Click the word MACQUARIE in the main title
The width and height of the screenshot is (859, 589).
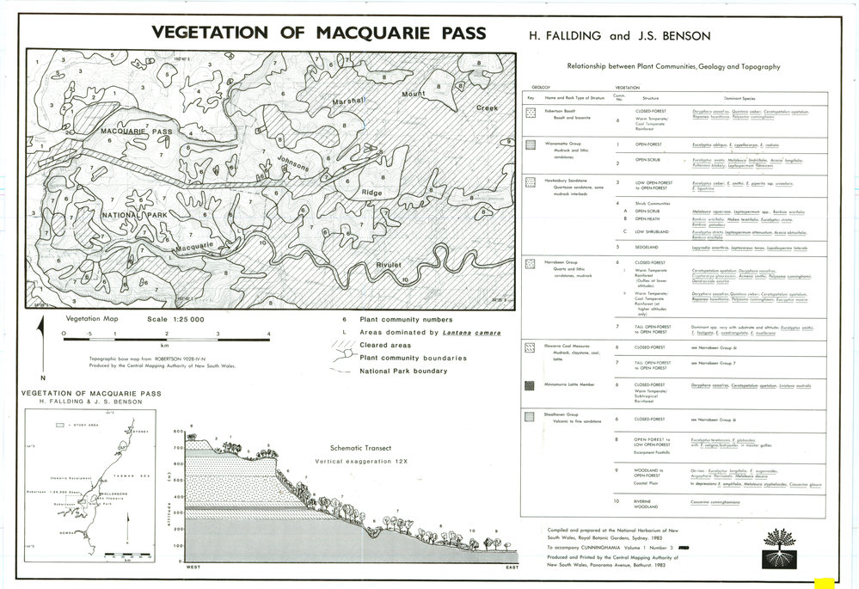(364, 34)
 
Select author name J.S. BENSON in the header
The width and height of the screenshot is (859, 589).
(683, 36)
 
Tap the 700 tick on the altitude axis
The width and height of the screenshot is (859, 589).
(178, 447)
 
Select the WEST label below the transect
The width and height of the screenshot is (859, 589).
(188, 569)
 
